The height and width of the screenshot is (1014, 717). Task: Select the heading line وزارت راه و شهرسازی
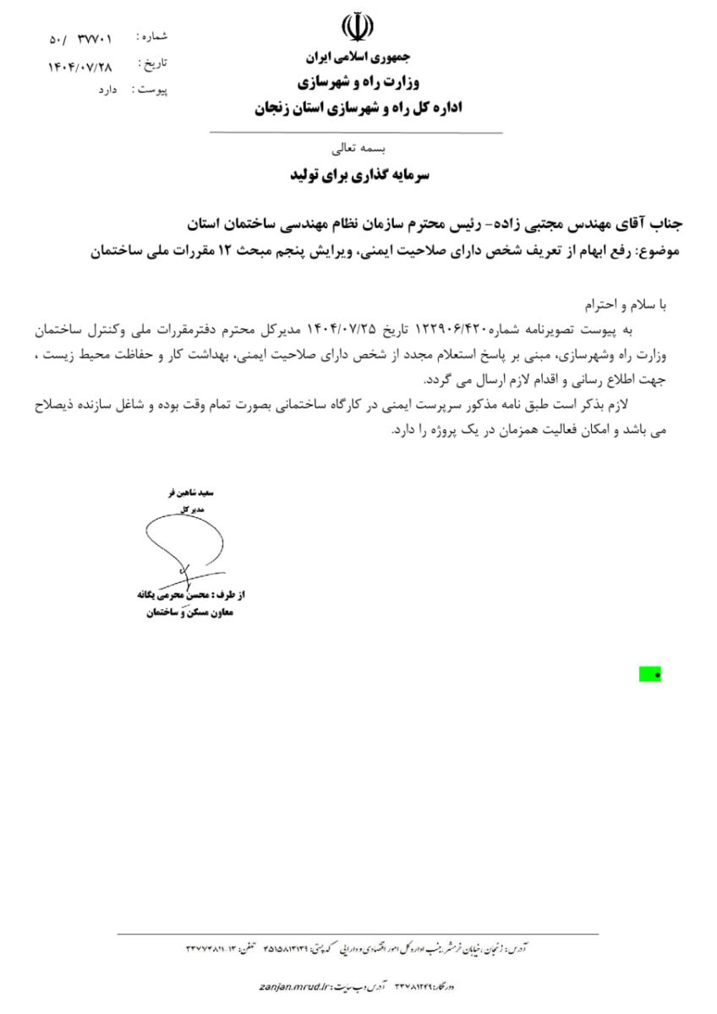[x=357, y=82]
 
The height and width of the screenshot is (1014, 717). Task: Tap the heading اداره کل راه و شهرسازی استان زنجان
[x=357, y=108]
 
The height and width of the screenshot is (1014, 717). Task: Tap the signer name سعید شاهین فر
[x=189, y=493]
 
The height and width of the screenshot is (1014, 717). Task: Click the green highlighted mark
[x=649, y=673]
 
